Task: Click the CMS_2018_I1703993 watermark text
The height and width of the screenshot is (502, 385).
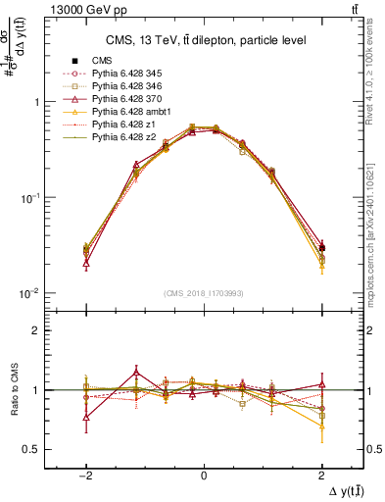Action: (x=203, y=293)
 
